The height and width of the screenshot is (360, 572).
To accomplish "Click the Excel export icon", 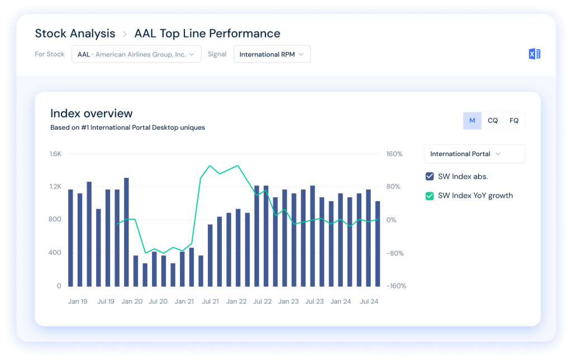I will (x=534, y=54).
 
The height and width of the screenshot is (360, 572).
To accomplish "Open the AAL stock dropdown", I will (x=136, y=54).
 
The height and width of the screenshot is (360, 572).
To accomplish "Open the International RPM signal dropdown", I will (x=271, y=54).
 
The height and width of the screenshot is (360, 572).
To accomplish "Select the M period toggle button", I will (x=472, y=121).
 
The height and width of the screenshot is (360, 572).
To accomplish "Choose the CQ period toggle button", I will (x=493, y=121).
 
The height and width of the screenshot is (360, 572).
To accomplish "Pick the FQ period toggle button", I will (x=514, y=121).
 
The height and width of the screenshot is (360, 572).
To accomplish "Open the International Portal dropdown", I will (x=474, y=154).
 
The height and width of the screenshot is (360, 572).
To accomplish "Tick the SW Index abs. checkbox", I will (x=430, y=177).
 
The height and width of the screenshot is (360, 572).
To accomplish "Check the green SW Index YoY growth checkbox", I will (x=430, y=196).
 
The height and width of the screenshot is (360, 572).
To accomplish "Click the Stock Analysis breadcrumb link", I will (x=75, y=34).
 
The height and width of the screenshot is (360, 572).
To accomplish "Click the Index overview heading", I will (x=92, y=114).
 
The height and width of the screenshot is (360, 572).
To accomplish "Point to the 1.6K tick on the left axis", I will (x=55, y=154).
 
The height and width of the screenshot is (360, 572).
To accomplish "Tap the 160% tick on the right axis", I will (x=394, y=154).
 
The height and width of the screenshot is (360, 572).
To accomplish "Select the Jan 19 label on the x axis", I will (x=78, y=301).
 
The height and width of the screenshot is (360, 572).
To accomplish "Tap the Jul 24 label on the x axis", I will (x=369, y=301).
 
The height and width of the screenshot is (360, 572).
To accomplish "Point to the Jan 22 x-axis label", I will (x=236, y=301).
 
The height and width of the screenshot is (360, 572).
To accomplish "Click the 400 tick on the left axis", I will (x=55, y=253).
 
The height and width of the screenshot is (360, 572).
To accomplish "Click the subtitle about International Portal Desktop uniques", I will (x=127, y=127).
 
